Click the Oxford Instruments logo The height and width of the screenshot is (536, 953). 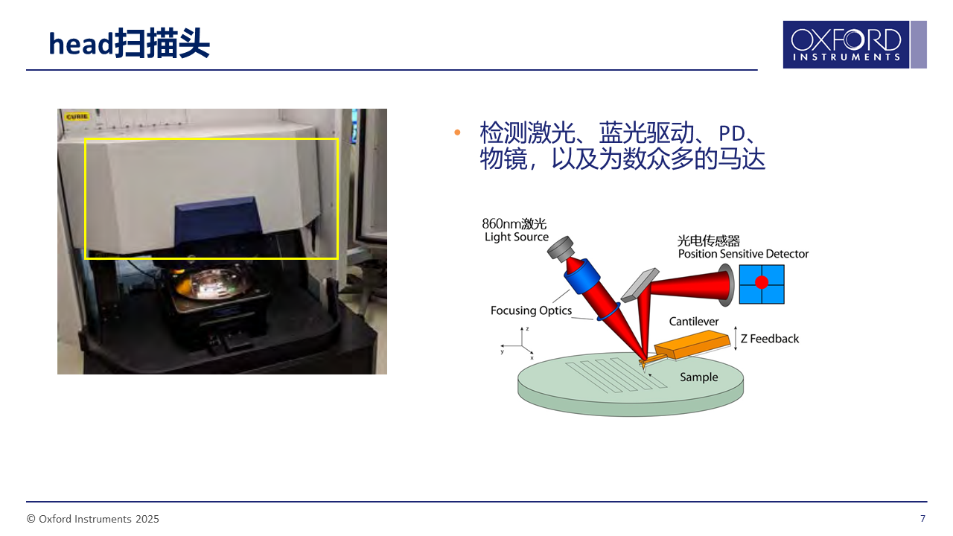tap(854, 45)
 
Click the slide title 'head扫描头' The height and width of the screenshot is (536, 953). tap(130, 43)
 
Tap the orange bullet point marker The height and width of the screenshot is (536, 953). tap(457, 133)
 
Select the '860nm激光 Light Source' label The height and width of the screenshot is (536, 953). tap(515, 230)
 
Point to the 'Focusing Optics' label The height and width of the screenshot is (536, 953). tap(531, 310)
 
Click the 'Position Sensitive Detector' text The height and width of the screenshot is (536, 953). tap(743, 254)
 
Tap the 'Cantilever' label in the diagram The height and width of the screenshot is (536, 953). tap(693, 322)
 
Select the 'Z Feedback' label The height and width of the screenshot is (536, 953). tap(770, 339)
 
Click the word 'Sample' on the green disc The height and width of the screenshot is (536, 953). tap(698, 377)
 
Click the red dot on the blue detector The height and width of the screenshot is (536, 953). tap(762, 282)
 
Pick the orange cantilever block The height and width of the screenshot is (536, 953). tap(692, 344)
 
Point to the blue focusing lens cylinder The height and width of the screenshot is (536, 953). tap(583, 276)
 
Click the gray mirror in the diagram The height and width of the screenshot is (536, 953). tap(640, 284)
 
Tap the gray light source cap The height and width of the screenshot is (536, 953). tap(561, 248)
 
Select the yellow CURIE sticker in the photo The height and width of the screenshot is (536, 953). tap(77, 117)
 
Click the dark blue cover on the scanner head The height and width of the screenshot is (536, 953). tap(218, 220)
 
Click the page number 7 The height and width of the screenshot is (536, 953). tap(922, 519)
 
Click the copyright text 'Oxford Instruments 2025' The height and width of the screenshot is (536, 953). tap(99, 519)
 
